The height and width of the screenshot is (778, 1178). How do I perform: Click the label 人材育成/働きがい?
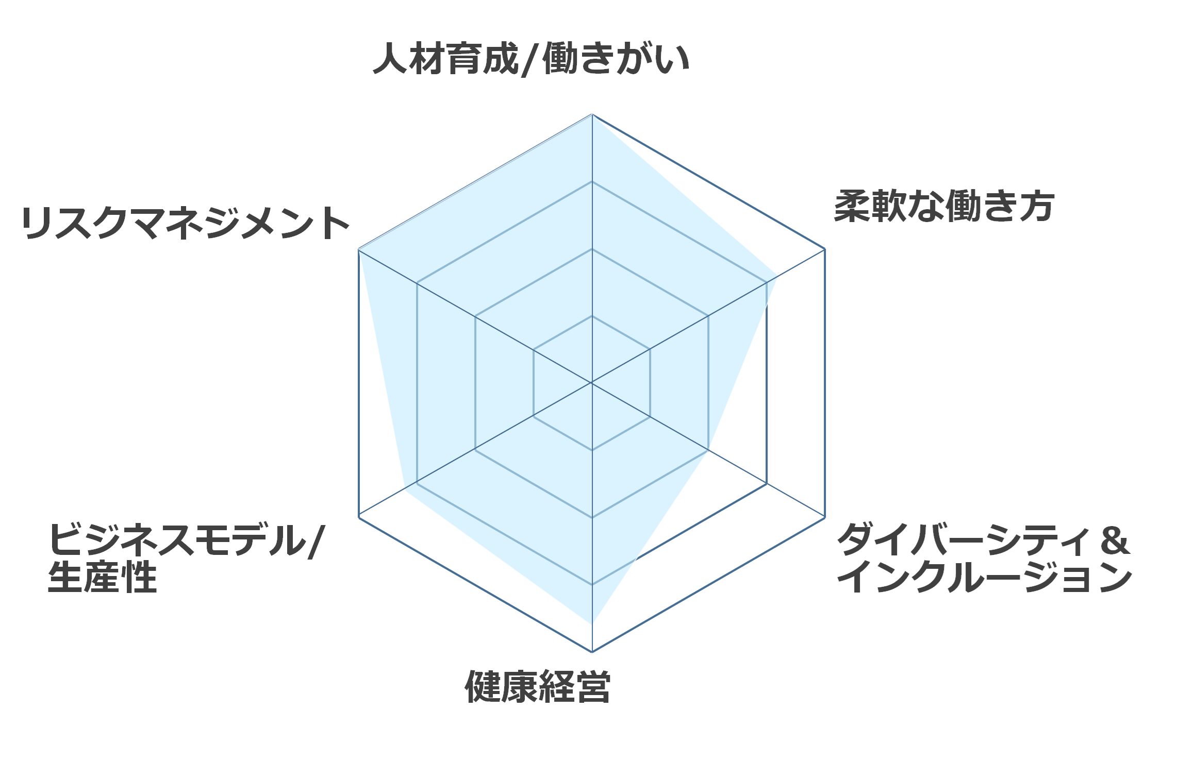point(531,59)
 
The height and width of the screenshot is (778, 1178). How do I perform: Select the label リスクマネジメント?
point(186,223)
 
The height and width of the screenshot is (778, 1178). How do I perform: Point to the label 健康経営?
point(538,687)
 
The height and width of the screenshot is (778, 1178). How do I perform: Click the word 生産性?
point(102,577)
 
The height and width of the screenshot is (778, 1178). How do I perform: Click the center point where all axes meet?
point(592,383)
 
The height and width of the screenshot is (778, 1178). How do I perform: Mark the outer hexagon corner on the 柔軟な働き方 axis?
point(825,249)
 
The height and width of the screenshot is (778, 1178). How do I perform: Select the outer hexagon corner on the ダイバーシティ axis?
point(825,517)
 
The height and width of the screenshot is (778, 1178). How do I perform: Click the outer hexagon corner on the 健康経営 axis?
point(592,652)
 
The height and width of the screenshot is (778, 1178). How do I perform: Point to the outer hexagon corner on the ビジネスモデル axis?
point(359,517)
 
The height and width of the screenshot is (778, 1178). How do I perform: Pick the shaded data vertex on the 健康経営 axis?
point(592,623)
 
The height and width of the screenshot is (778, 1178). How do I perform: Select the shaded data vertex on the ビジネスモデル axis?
point(405,491)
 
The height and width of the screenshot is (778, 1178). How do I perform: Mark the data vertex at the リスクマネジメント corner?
point(359,249)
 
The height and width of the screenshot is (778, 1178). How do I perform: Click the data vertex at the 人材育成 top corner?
point(592,114)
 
